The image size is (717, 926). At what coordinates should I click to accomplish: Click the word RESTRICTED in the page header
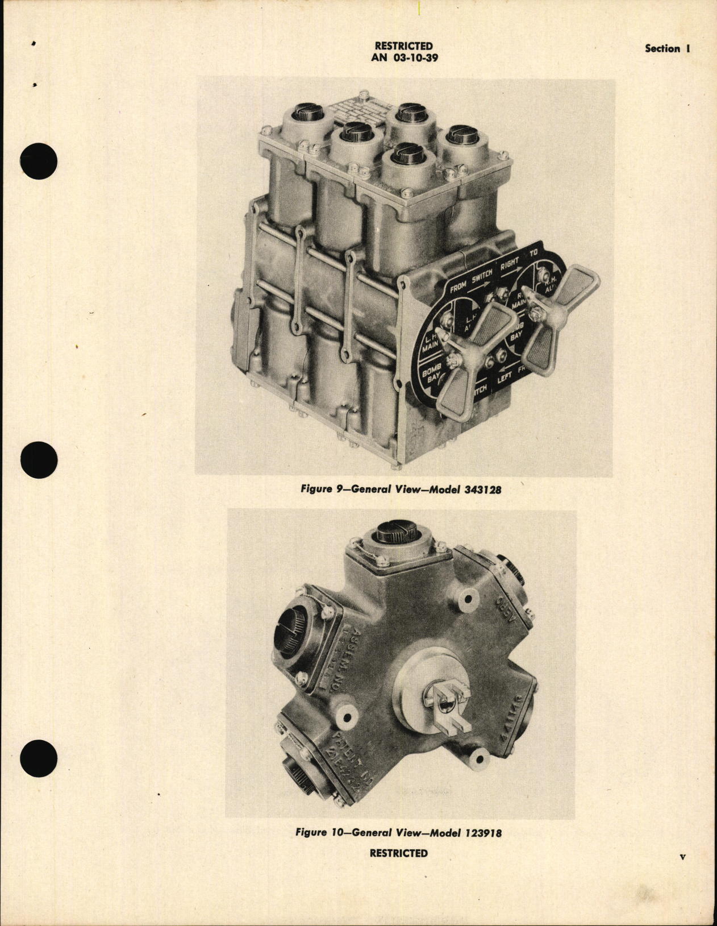tap(403, 46)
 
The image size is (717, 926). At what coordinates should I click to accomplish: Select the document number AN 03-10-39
tap(403, 57)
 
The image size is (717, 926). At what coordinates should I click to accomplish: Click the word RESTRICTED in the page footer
tap(398, 853)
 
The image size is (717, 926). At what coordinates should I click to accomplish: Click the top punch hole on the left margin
tap(39, 161)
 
